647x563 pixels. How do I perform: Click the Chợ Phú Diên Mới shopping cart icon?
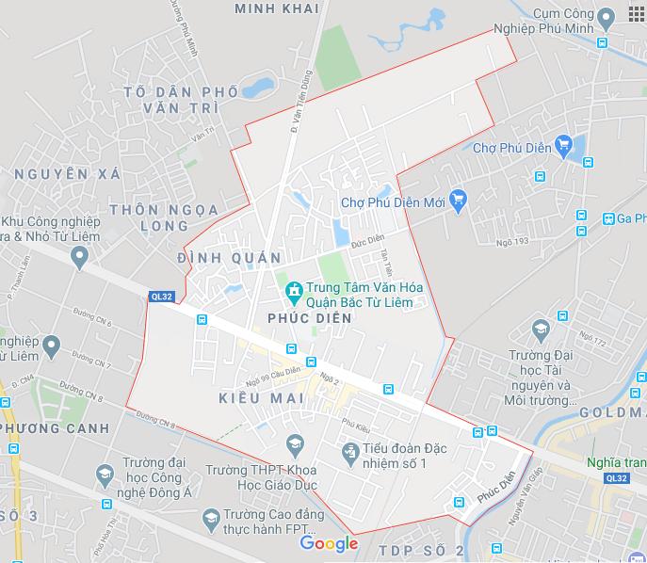click(459, 199)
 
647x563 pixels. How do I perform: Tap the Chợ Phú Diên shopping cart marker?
click(563, 144)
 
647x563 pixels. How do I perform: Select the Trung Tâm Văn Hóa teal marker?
click(294, 289)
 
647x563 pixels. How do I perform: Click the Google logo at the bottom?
click(330, 543)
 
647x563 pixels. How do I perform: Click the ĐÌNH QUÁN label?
click(229, 258)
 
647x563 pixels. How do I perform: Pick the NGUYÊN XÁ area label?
click(67, 173)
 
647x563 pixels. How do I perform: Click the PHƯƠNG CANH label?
click(57, 428)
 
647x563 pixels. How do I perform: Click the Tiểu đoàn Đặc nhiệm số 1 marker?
click(350, 454)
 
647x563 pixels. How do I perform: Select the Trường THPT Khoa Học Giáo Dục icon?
click(295, 442)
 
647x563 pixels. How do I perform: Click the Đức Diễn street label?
click(367, 241)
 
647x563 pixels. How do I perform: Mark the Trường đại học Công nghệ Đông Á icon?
click(105, 475)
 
